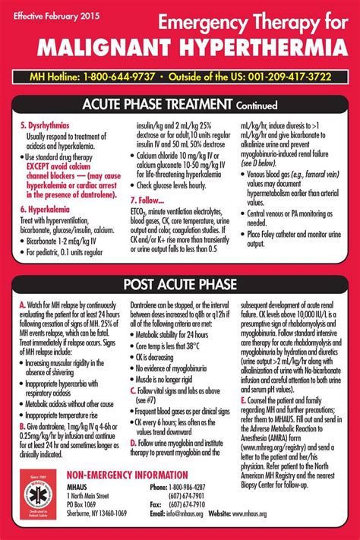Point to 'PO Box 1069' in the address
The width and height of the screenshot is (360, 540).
pos(82,504)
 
